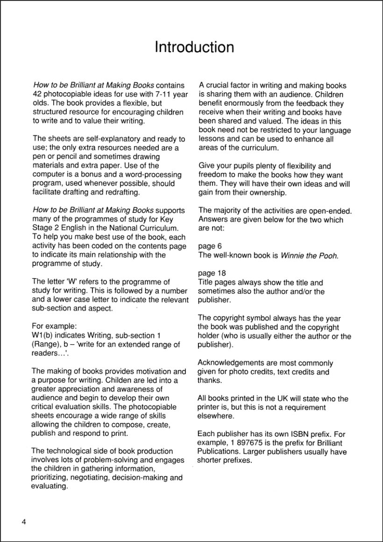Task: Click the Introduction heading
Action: point(194,48)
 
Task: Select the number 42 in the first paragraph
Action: point(38,94)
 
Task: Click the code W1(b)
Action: point(45,336)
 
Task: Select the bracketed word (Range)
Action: point(46,345)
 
